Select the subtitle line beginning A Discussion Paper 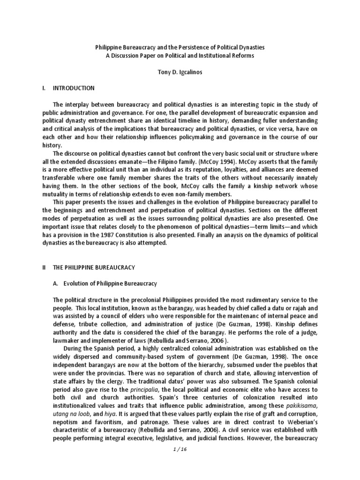[x=180, y=56]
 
